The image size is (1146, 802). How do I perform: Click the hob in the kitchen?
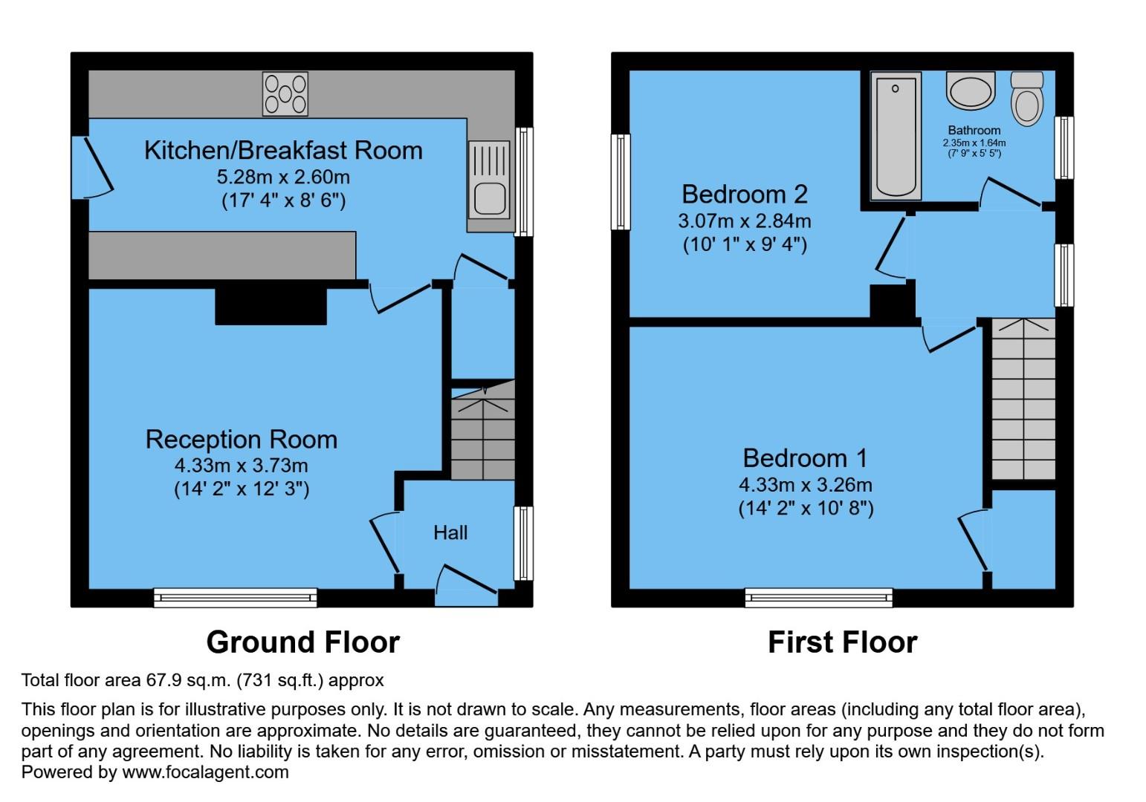pyautogui.click(x=285, y=94)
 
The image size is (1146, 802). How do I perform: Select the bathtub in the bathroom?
pyautogui.click(x=896, y=136)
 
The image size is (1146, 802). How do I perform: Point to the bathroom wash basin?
pyautogui.click(x=970, y=92)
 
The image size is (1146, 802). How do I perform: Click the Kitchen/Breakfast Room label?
pyautogui.click(x=283, y=150)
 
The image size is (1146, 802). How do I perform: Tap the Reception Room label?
pyautogui.click(x=241, y=440)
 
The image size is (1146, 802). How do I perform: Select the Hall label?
pyautogui.click(x=450, y=532)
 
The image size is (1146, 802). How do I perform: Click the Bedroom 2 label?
pyautogui.click(x=744, y=195)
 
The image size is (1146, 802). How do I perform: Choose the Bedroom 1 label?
pyautogui.click(x=805, y=458)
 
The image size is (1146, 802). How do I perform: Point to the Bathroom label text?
pyautogui.click(x=974, y=130)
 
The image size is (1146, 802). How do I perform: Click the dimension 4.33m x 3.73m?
pyautogui.click(x=241, y=466)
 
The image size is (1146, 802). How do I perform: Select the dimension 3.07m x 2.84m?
pyautogui.click(x=744, y=221)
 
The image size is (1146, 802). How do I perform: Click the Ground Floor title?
pyautogui.click(x=302, y=642)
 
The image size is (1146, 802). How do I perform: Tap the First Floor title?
pyautogui.click(x=842, y=642)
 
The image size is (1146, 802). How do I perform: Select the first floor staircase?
pyautogui.click(x=1023, y=400)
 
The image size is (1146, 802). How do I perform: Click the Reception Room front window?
pyautogui.click(x=236, y=597)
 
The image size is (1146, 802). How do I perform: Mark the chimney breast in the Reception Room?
pyautogui.click(x=271, y=306)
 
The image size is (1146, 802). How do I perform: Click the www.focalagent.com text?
pyautogui.click(x=205, y=772)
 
